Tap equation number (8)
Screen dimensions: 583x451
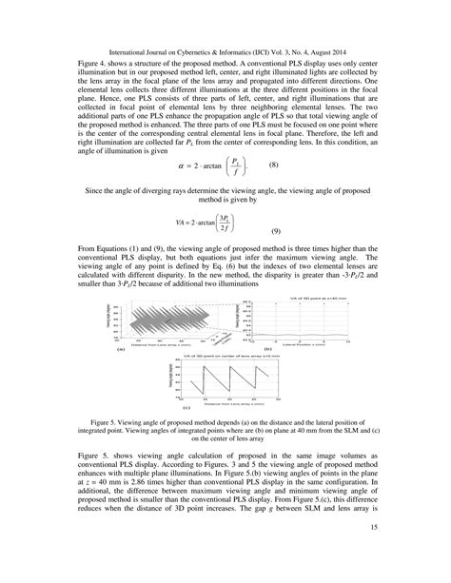point(272,165)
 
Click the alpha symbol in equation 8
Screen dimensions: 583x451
point(183,165)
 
